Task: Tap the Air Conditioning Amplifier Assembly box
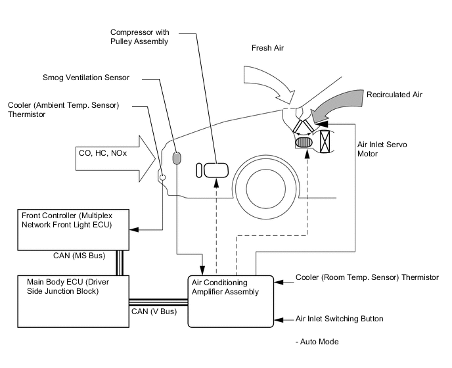pyautogui.click(x=229, y=300)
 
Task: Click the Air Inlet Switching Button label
pyautogui.click(x=339, y=319)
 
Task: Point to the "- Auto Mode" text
pyautogui.click(x=318, y=342)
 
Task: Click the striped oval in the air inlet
pyautogui.click(x=304, y=142)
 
